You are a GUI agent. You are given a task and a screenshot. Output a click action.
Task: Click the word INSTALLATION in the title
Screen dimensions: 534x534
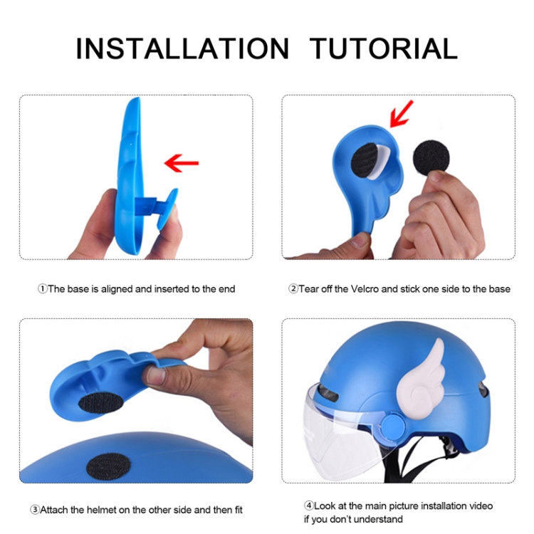[182, 48]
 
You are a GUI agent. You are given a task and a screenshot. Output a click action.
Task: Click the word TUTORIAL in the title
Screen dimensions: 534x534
[384, 48]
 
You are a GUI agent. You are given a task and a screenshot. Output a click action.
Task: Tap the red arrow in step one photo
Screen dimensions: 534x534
[182, 163]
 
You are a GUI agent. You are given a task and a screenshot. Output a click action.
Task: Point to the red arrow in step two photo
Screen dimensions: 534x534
[401, 114]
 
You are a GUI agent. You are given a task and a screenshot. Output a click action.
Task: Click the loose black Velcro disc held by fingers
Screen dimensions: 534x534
[431, 158]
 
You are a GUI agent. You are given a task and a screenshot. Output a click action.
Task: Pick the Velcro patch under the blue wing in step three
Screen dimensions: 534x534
[101, 402]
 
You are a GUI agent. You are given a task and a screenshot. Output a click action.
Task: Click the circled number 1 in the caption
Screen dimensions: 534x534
[42, 289]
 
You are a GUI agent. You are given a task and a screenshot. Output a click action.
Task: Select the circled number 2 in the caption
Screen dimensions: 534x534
[293, 289]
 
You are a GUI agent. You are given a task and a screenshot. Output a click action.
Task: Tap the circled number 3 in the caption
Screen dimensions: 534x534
[35, 510]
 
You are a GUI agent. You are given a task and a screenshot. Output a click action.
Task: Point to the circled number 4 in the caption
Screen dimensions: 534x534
[308, 506]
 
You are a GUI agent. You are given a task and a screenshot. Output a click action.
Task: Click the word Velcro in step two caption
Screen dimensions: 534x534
[365, 289]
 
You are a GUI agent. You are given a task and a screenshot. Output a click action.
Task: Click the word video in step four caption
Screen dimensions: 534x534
[481, 506]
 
